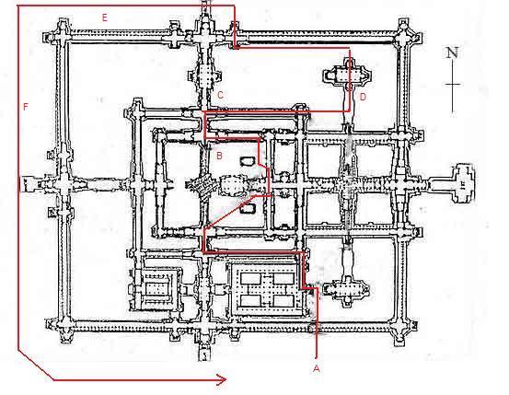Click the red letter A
click(317, 368)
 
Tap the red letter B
click(219, 156)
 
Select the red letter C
click(220, 95)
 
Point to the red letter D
click(363, 97)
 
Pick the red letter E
click(105, 17)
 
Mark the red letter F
click(26, 107)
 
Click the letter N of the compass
click(452, 52)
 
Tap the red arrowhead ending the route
click(222, 379)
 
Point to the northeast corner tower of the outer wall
click(405, 33)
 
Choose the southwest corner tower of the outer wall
click(63, 328)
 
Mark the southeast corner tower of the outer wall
click(401, 327)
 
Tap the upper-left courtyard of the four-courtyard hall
click(250, 278)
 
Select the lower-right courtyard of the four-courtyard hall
click(283, 301)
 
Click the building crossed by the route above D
click(348, 76)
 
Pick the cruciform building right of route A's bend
click(347, 290)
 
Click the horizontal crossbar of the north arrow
click(453, 85)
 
